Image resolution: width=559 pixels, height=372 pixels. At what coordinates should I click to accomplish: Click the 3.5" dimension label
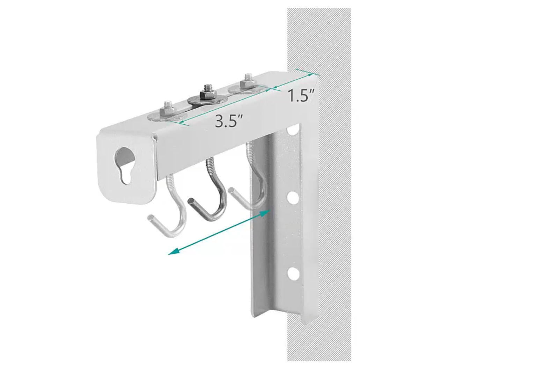point(228,121)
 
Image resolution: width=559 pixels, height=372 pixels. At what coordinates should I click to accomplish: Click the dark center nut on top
point(207,94)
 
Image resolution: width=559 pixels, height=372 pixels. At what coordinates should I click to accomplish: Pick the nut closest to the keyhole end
point(167,111)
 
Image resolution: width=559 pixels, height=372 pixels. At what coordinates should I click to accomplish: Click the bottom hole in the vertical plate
point(293,273)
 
